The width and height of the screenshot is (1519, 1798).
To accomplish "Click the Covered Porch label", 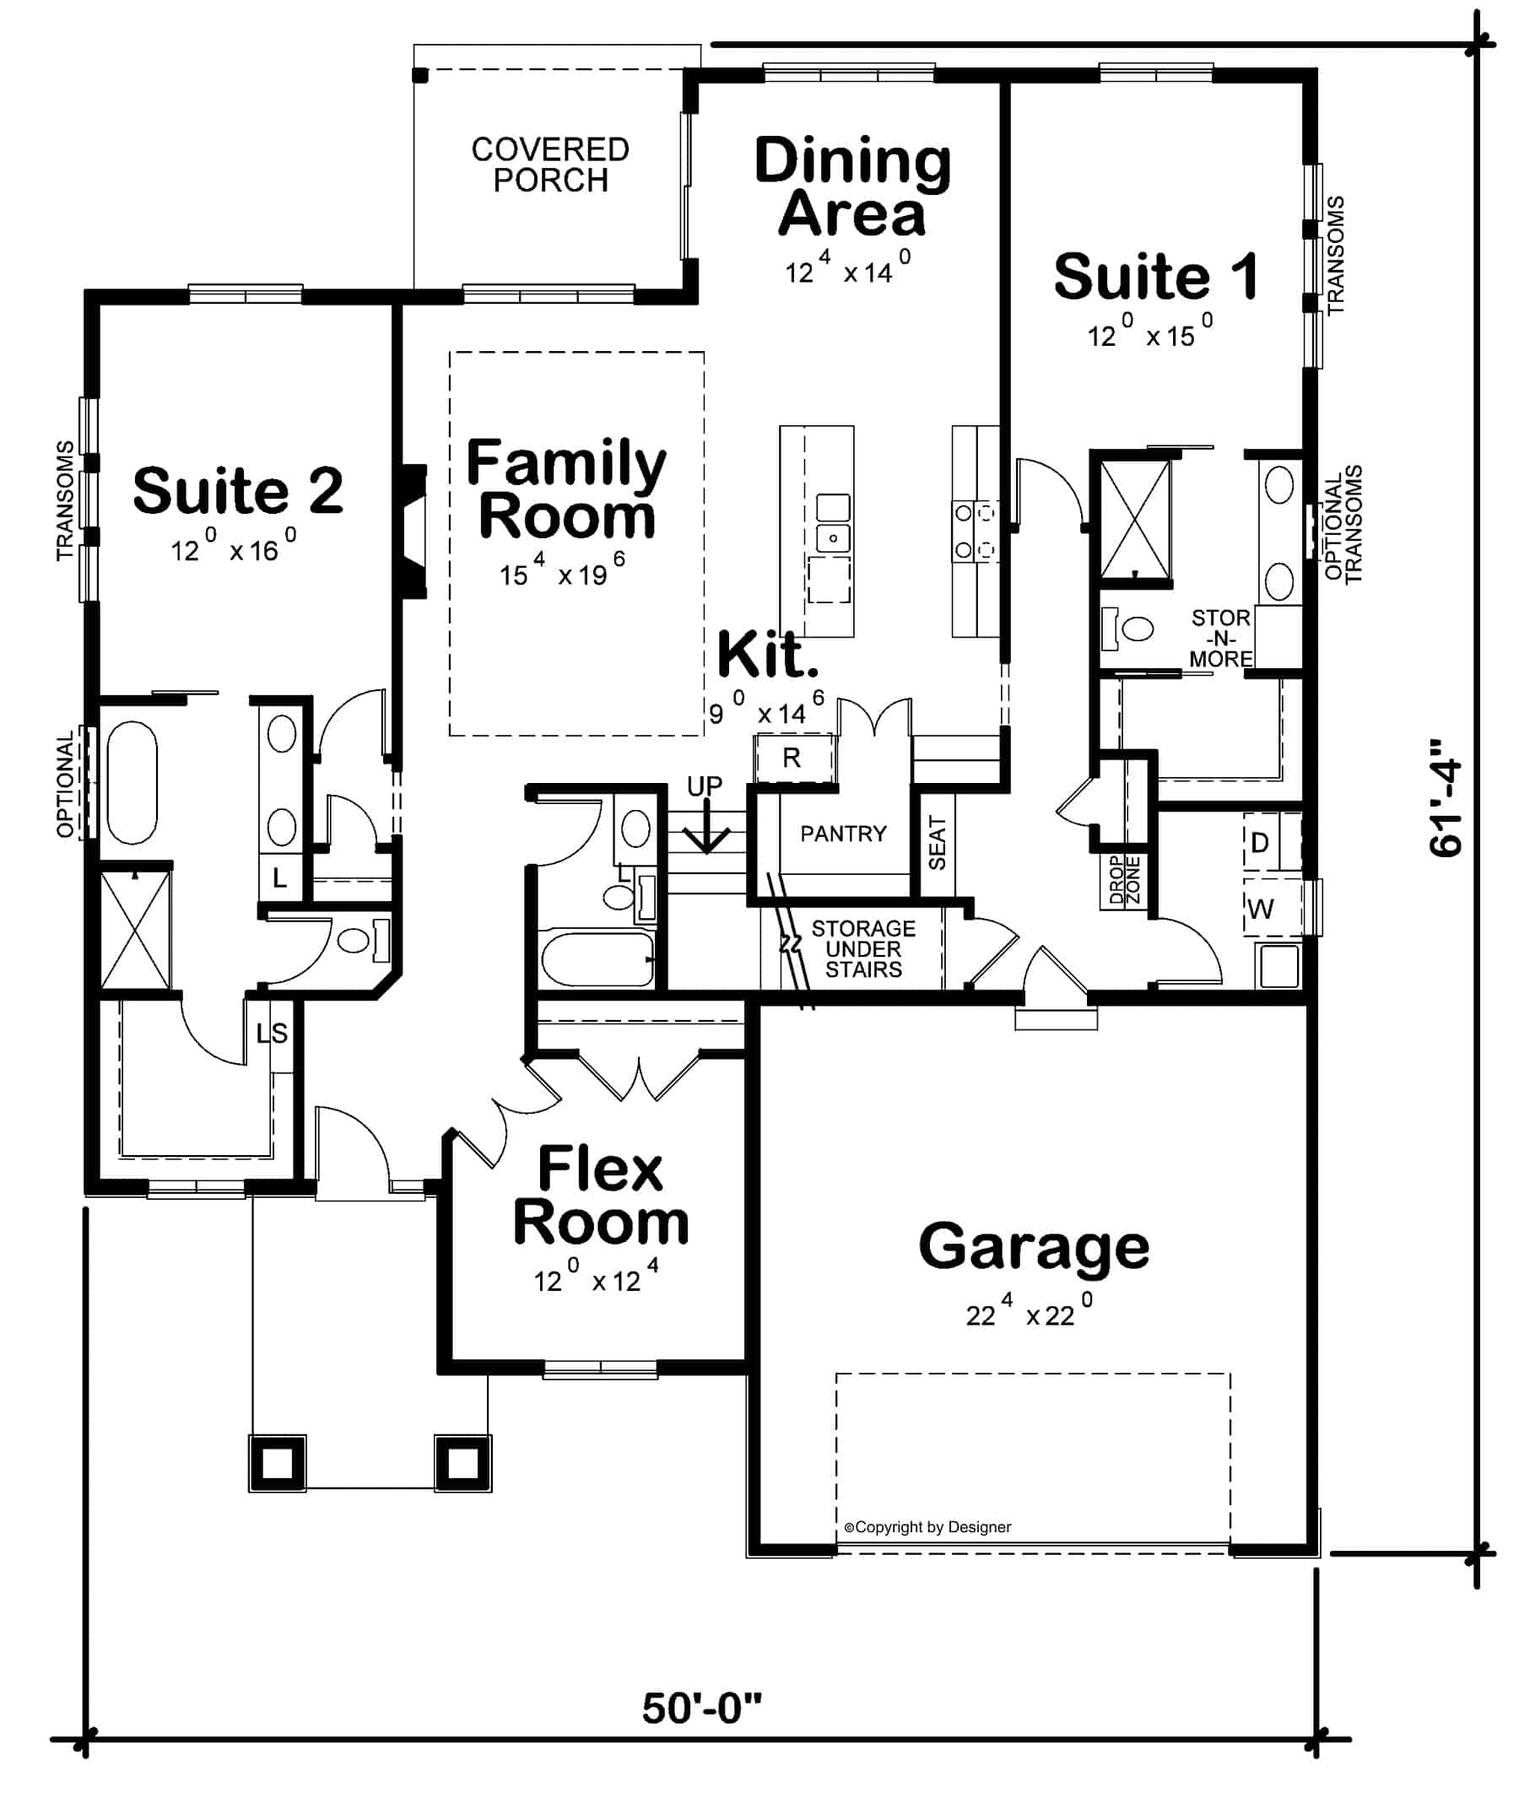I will (x=549, y=165).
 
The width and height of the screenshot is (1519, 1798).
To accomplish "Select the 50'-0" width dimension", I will (x=702, y=1708).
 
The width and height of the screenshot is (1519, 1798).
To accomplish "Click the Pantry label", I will (x=842, y=834).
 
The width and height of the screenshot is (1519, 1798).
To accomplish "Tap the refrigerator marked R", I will (x=792, y=758).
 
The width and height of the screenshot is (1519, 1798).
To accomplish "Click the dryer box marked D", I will (x=1260, y=843).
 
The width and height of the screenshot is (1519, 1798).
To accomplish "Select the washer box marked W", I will (x=1261, y=909).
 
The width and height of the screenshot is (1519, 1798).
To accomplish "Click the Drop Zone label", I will (x=1124, y=880).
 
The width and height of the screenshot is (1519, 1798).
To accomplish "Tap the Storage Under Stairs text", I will (x=862, y=949).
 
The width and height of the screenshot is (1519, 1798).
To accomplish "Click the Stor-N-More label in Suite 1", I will (x=1220, y=638).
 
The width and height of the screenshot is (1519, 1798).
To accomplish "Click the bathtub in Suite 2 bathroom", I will (x=132, y=783).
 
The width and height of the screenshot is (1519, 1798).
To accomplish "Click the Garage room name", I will (x=1033, y=1246).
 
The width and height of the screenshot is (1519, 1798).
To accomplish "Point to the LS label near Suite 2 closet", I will (x=272, y=1033).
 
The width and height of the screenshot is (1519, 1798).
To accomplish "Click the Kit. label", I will (x=766, y=656).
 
